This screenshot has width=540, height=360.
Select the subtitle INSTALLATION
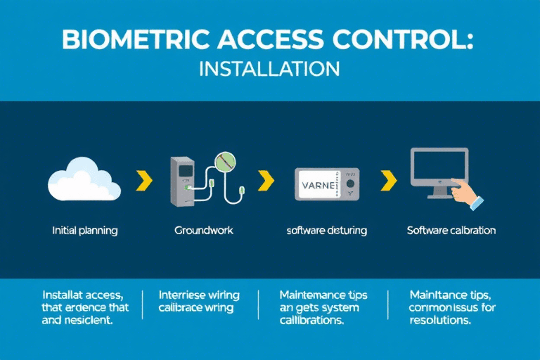(269, 70)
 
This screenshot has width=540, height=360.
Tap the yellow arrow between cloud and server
(144, 181)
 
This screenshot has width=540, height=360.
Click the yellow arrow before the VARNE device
(266, 181)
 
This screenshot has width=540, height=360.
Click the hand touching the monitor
(465, 193)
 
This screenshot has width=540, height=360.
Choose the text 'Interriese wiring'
(199, 295)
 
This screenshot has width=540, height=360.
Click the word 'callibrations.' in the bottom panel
(312, 320)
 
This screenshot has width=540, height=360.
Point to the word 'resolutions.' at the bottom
(441, 320)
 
